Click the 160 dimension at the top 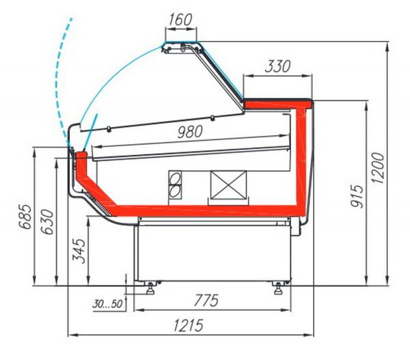point(180,20)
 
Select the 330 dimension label point(277,66)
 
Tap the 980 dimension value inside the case point(190,132)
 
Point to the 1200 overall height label point(378,168)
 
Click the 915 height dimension point(357,196)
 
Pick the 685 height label point(26,217)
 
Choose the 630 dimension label point(47,222)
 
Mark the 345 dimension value point(79,251)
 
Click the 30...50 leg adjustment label point(107,304)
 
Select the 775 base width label point(206,300)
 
